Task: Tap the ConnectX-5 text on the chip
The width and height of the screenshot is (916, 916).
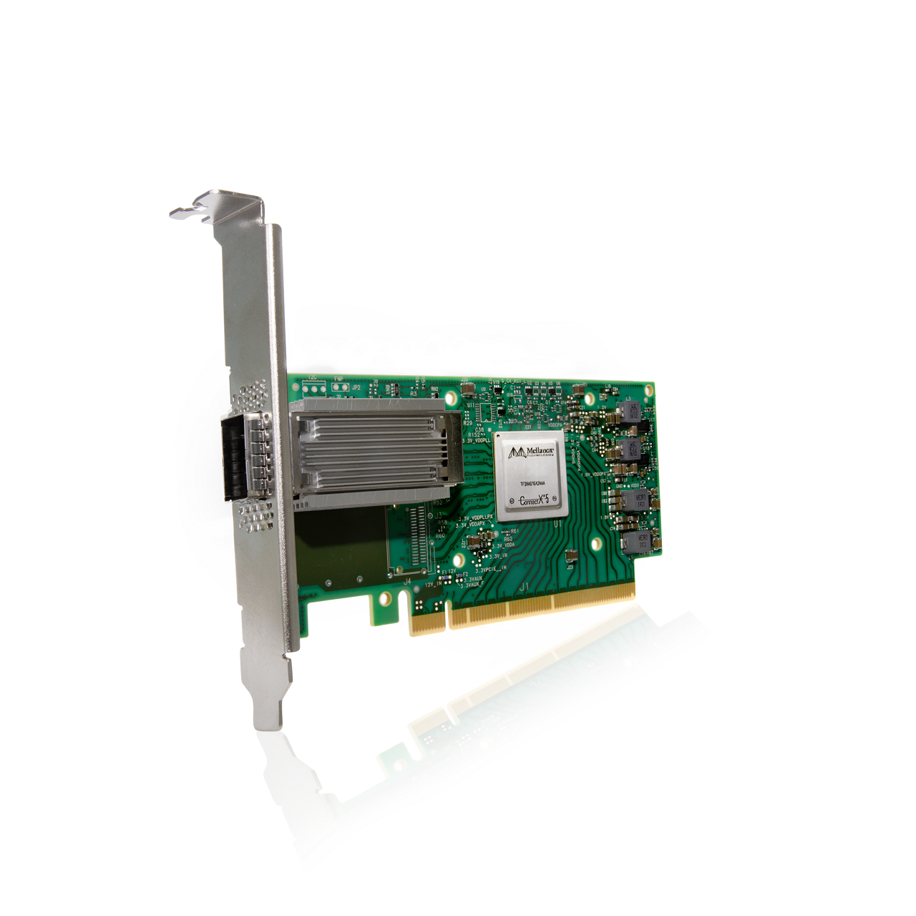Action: pyautogui.click(x=532, y=500)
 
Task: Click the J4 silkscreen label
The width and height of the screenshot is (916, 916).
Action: pyautogui.click(x=407, y=581)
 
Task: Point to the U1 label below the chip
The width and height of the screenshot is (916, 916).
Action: pyautogui.click(x=557, y=524)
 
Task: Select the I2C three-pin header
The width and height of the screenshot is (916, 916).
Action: pyautogui.click(x=313, y=389)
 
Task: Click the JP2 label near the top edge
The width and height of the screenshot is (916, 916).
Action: pyautogui.click(x=356, y=387)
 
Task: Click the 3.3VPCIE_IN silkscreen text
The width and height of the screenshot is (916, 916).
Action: pyautogui.click(x=491, y=569)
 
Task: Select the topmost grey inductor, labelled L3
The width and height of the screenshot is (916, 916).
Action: pyautogui.click(x=630, y=411)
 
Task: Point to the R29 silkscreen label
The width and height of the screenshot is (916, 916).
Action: pyautogui.click(x=467, y=423)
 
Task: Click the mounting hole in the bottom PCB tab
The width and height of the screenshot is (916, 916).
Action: pyautogui.click(x=384, y=597)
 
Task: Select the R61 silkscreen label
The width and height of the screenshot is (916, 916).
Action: pyautogui.click(x=515, y=532)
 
